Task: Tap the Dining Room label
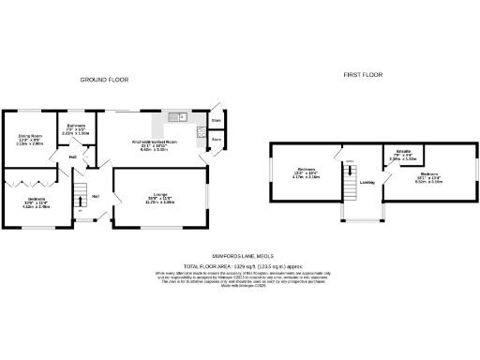[x=30, y=138]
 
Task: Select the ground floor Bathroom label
[x=76, y=127]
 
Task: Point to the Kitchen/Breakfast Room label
[x=154, y=142]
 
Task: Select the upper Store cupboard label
[x=216, y=122]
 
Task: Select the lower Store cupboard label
[x=216, y=140]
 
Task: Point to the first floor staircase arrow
[x=349, y=183]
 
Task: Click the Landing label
[x=367, y=183]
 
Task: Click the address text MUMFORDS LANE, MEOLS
[x=239, y=256]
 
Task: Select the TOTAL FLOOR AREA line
[x=239, y=265]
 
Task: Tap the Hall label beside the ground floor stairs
[x=96, y=196]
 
